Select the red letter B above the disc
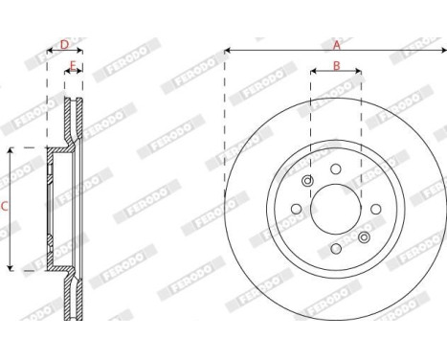point(336,66)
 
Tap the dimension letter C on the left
point(6,206)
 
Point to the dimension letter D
point(64,44)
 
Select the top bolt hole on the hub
point(336,169)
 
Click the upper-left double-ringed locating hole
point(307,182)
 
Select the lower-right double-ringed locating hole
point(364,236)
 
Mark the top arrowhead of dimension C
point(11,151)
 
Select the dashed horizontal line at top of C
point(29,148)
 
